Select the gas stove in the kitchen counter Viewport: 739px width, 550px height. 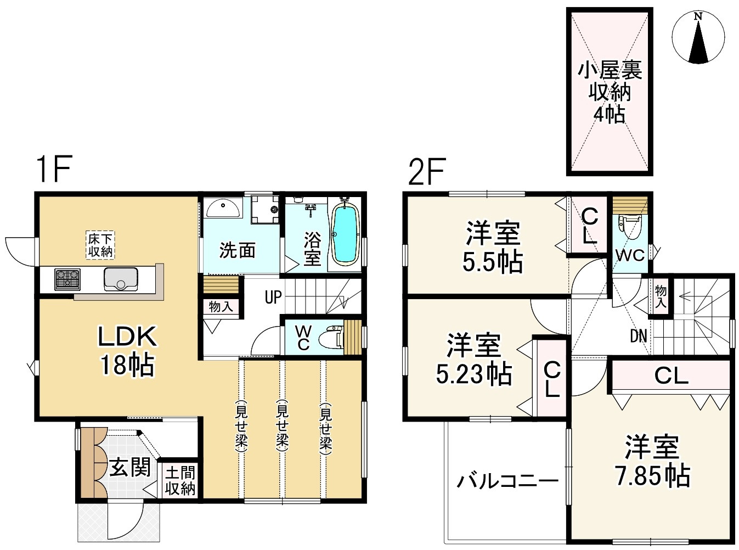click(67, 279)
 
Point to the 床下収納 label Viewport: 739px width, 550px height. click(100, 245)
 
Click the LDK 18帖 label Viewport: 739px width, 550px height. click(127, 350)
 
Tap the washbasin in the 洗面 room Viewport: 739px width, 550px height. click(223, 209)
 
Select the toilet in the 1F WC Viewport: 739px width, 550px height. click(332, 336)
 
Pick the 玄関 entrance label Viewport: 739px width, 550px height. click(129, 468)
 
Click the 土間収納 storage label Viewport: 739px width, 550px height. click(179, 480)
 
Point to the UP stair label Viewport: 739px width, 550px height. click(273, 298)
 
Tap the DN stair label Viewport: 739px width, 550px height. click(638, 336)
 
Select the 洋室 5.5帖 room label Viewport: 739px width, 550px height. click(492, 248)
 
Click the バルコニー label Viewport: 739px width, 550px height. click(507, 481)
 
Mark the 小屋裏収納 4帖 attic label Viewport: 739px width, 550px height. click(609, 92)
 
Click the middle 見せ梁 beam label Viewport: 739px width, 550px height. click(282, 425)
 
